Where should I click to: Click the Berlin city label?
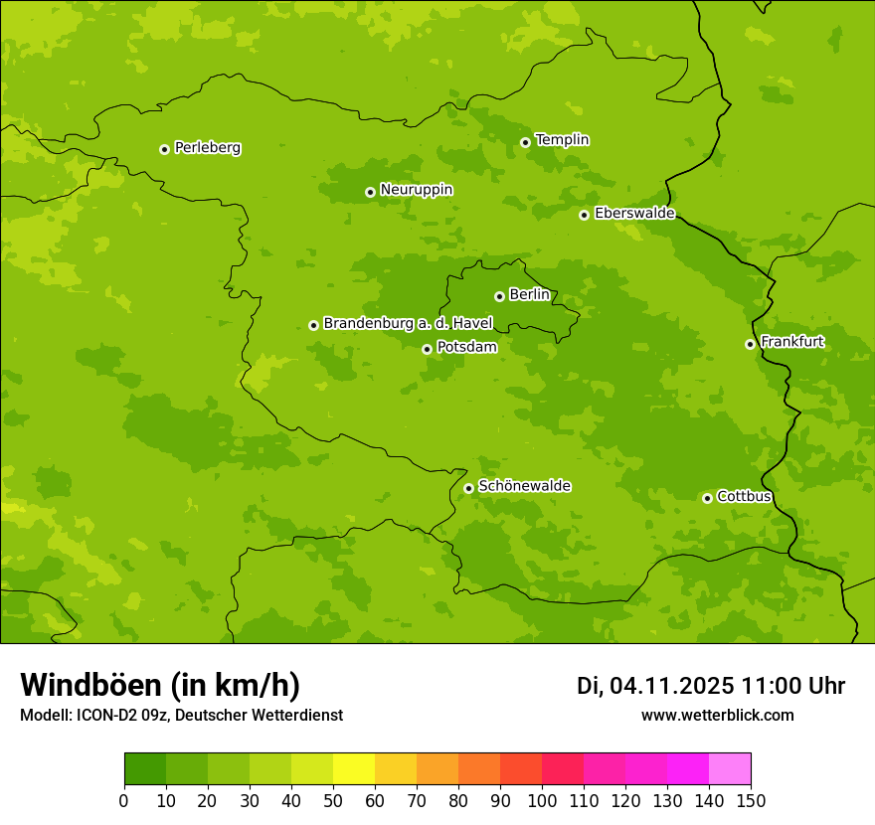pyautogui.click(x=529, y=295)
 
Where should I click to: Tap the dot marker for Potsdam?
pyautogui.click(x=427, y=349)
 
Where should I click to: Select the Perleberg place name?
pyautogui.click(x=208, y=148)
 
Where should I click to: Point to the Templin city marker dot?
pyautogui.click(x=525, y=142)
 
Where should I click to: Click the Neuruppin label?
pyautogui.click(x=416, y=190)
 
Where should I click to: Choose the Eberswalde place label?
pyautogui.click(x=634, y=214)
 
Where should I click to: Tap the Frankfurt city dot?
pyautogui.click(x=750, y=344)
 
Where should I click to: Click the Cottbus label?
pyautogui.click(x=744, y=496)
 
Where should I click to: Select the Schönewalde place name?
pyautogui.click(x=524, y=486)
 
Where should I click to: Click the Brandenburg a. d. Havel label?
pyautogui.click(x=408, y=323)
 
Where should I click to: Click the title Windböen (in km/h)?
pyautogui.click(x=160, y=685)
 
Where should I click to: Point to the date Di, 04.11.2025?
pyautogui.click(x=655, y=686)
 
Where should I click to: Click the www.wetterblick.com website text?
pyautogui.click(x=717, y=715)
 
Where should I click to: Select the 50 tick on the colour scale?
pyautogui.click(x=333, y=800)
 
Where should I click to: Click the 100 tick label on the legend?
pyautogui.click(x=542, y=800)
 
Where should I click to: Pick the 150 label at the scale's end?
pyautogui.click(x=751, y=800)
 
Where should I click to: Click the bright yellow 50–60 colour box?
pyautogui.click(x=354, y=768)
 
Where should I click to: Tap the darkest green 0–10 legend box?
pyautogui.click(x=145, y=768)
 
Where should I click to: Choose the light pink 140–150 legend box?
pyautogui.click(x=730, y=768)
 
